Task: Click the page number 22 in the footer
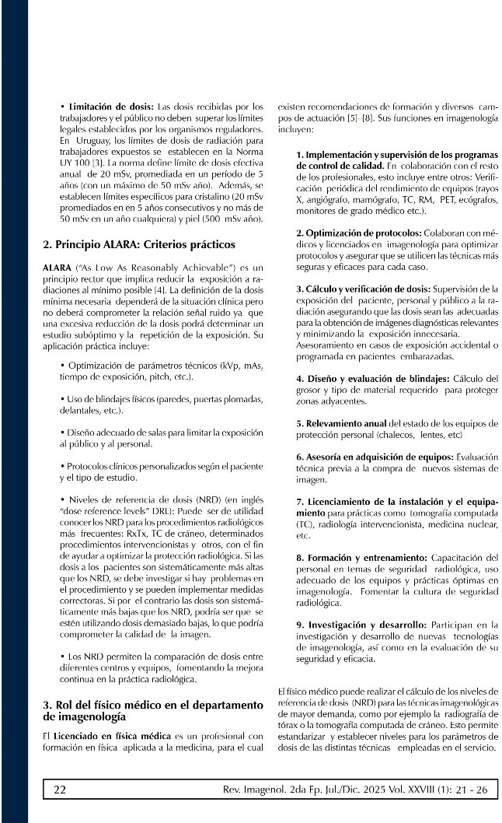[59, 790]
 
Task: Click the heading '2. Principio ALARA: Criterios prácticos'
[138, 244]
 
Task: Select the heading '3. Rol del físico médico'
[152, 709]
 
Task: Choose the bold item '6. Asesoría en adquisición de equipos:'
[375, 457]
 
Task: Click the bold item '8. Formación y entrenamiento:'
[361, 558]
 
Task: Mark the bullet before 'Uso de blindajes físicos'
[63, 399]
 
